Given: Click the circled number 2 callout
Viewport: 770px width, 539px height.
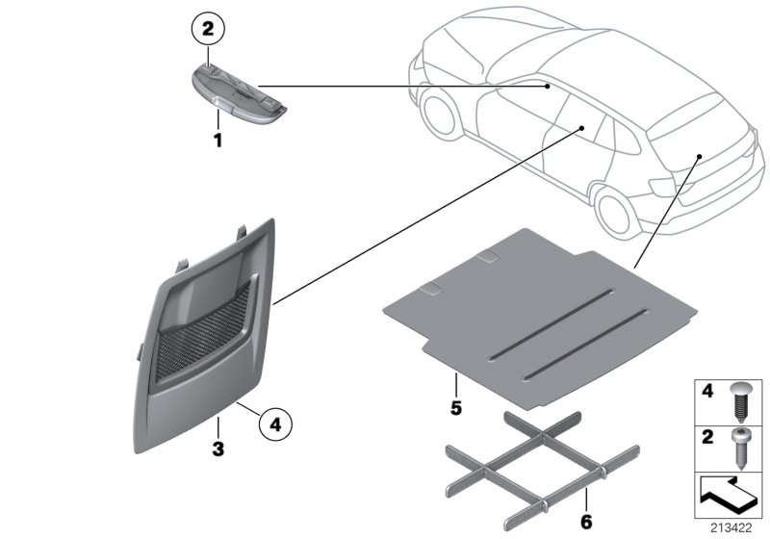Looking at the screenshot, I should [x=210, y=29].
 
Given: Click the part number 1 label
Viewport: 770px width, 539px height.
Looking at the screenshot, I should [x=218, y=141].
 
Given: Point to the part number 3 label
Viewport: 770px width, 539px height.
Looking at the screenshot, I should [x=218, y=449].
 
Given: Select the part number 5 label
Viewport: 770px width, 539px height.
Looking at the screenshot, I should [x=456, y=408].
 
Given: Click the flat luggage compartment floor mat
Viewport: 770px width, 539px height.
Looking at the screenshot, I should [x=539, y=308].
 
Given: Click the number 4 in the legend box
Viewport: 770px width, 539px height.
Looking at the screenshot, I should [x=707, y=393].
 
